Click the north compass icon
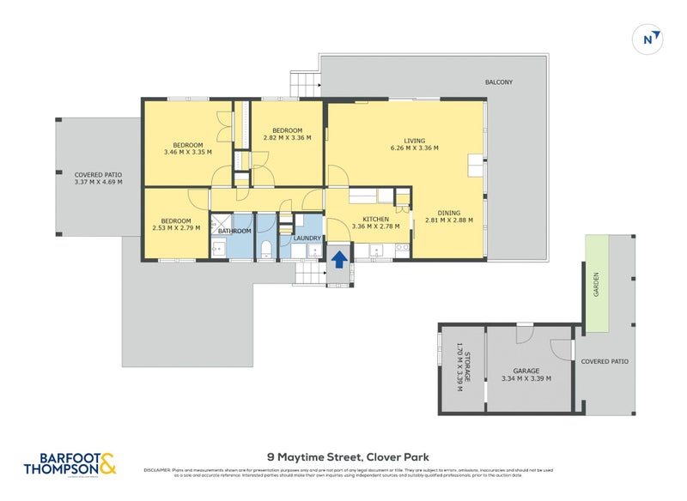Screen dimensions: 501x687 click(x=653, y=38)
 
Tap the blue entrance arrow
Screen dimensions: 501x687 click(x=339, y=258)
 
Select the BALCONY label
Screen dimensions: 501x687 click(x=499, y=82)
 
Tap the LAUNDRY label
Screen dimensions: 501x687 click(x=307, y=238)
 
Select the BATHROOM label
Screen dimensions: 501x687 click(x=234, y=231)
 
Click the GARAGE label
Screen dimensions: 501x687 click(x=526, y=371)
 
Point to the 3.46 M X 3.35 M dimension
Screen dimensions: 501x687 click(x=188, y=153)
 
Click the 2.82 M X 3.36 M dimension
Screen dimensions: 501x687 click(x=287, y=137)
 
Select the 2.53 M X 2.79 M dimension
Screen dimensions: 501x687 click(x=174, y=227)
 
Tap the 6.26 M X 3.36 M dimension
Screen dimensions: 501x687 click(x=414, y=148)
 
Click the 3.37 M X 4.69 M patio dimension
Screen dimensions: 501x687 click(x=99, y=181)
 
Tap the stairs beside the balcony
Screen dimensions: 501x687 click(x=305, y=84)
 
